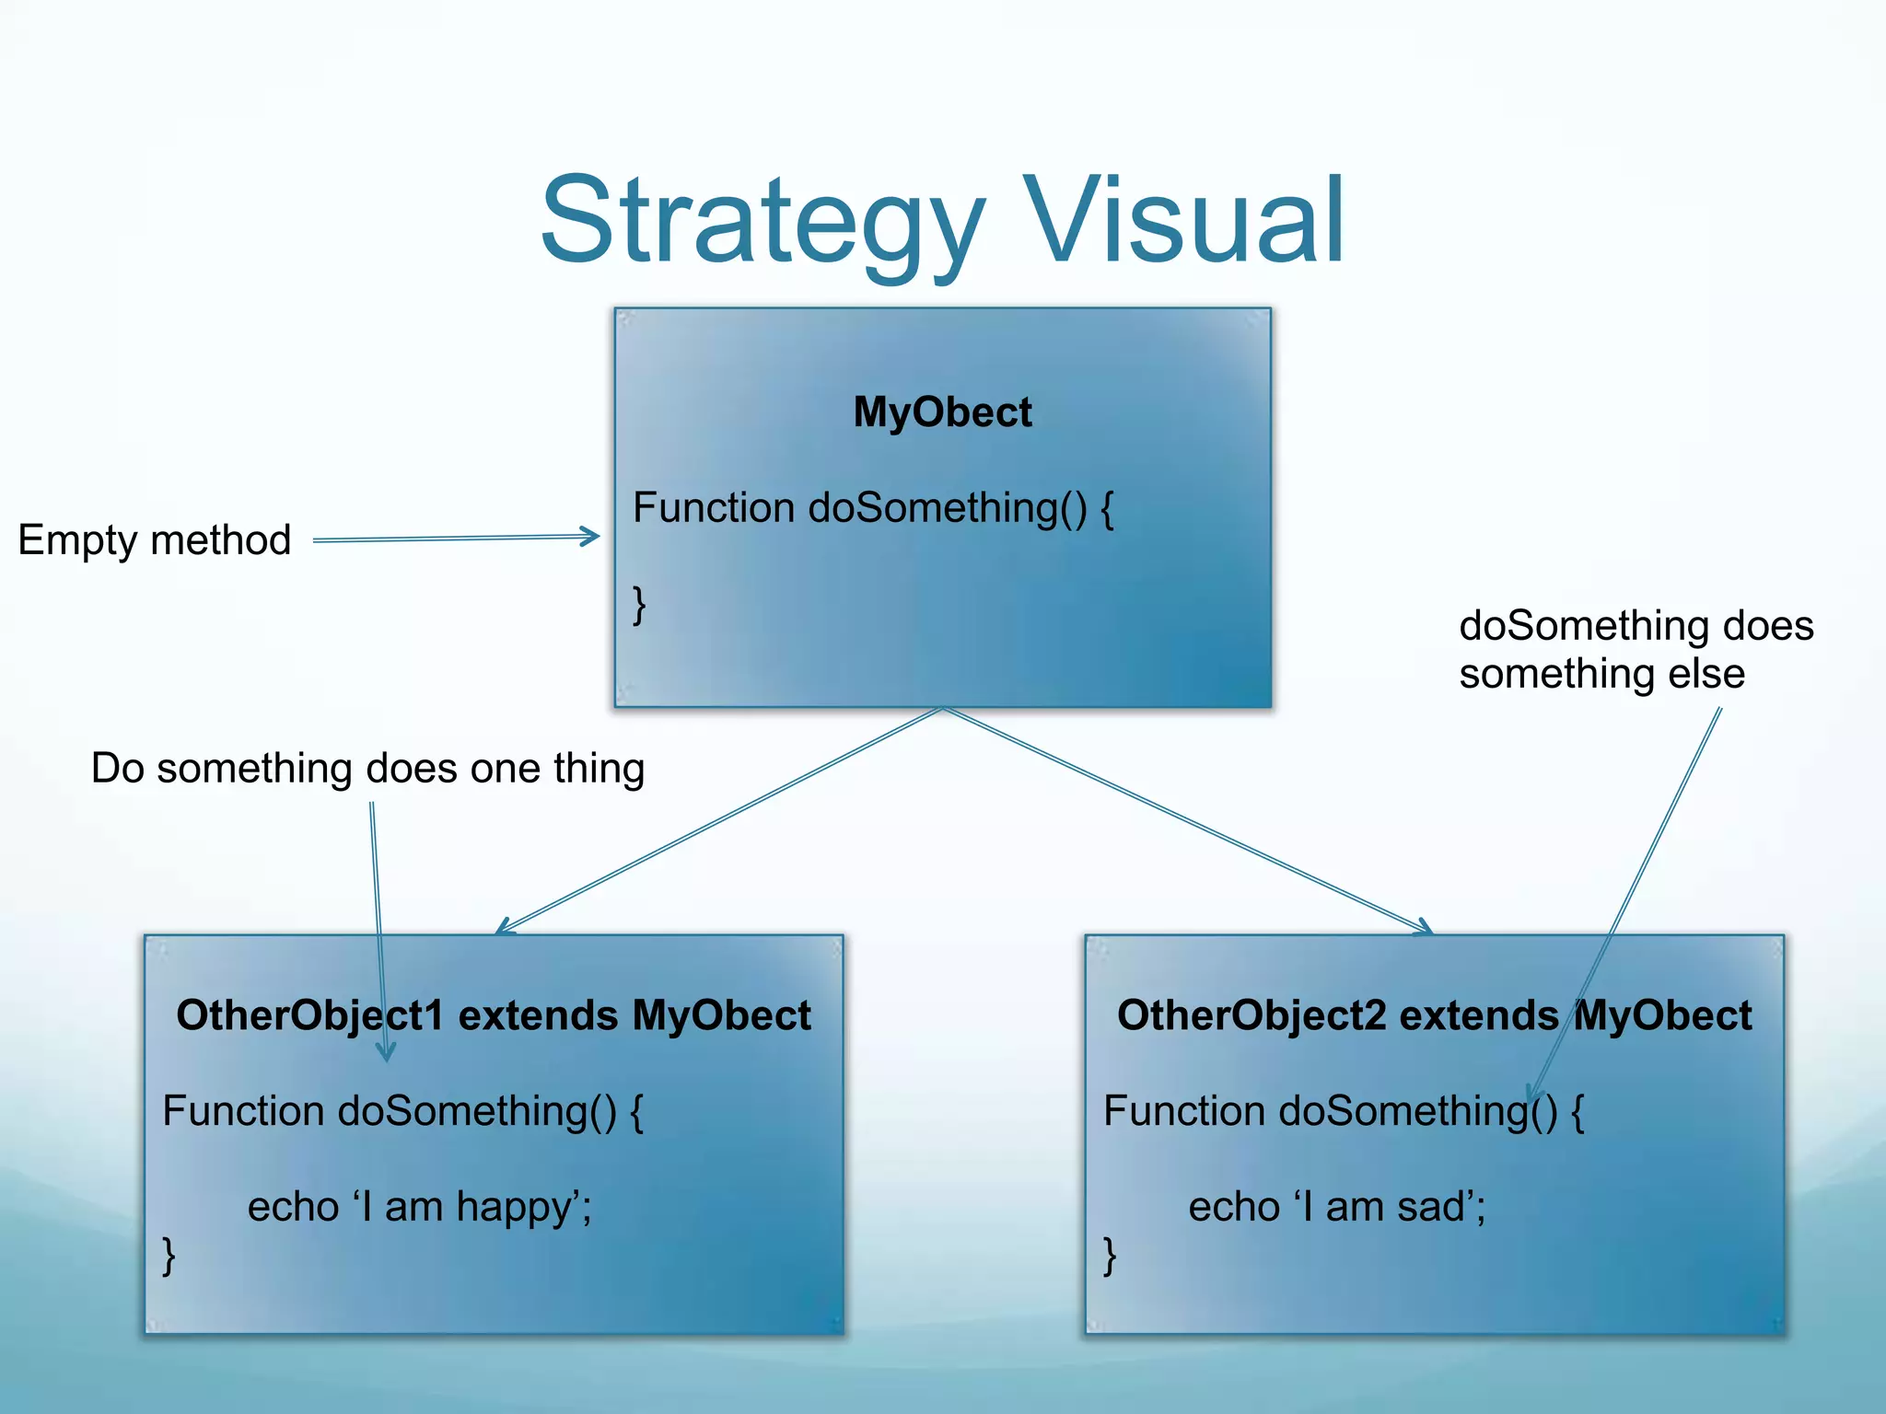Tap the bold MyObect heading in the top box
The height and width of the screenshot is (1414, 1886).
(x=942, y=411)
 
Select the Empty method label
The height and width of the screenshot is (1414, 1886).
(x=155, y=539)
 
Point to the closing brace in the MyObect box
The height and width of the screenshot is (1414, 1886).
(x=639, y=605)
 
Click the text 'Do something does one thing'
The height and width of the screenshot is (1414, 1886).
(x=367, y=768)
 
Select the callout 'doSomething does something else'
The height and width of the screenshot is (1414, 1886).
(x=1636, y=649)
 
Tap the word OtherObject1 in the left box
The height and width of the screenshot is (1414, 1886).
(x=309, y=1015)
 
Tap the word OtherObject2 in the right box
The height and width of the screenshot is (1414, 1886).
(x=1251, y=1015)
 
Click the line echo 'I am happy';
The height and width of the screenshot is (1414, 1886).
(x=419, y=1207)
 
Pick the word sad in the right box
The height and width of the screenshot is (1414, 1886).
(x=1435, y=1207)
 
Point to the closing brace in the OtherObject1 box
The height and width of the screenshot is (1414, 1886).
(x=169, y=1255)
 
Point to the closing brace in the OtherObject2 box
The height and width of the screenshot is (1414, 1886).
(x=1110, y=1255)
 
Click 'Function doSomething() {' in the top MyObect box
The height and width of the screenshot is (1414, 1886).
(x=873, y=508)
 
